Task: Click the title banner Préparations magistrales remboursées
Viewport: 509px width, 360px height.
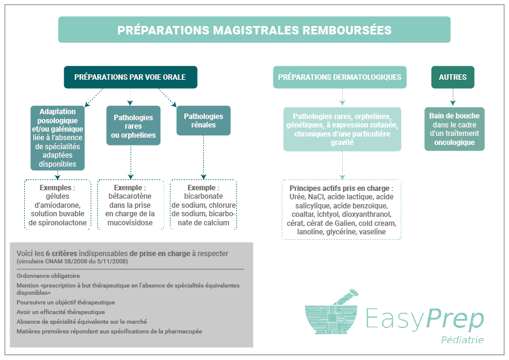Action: pyautogui.click(x=254, y=30)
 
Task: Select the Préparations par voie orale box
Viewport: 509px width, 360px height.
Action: pyautogui.click(x=131, y=77)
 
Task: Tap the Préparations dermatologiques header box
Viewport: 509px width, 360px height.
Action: pyautogui.click(x=340, y=77)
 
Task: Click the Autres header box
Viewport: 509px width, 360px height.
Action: pyautogui.click(x=453, y=77)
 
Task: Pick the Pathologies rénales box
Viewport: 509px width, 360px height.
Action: pyautogui.click(x=204, y=121)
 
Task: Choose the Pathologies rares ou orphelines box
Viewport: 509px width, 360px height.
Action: pyautogui.click(x=134, y=126)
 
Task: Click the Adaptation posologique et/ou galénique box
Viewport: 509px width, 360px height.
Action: pyautogui.click(x=57, y=138)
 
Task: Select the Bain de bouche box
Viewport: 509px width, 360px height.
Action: pyautogui.click(x=455, y=129)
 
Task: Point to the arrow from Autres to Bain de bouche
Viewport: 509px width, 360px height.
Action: pyautogui.click(x=453, y=97)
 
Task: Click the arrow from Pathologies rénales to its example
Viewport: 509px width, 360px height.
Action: pyautogui.click(x=204, y=157)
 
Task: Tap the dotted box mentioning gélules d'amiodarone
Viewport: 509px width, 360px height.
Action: pyautogui.click(x=57, y=205)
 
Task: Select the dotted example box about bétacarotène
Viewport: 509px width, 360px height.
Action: pyautogui.click(x=131, y=205)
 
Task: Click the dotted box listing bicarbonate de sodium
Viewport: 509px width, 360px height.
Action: pyautogui.click(x=204, y=205)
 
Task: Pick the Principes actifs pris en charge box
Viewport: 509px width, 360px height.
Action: pyautogui.click(x=342, y=210)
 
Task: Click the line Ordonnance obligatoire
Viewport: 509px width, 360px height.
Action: pyautogui.click(x=48, y=276)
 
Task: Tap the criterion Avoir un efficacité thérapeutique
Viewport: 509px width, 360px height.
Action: pyautogui.click(x=60, y=312)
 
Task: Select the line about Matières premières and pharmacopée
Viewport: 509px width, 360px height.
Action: pyautogui.click(x=109, y=332)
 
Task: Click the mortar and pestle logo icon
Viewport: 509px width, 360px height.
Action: pyautogui.click(x=331, y=312)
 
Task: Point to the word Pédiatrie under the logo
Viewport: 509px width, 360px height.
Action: pyautogui.click(x=462, y=339)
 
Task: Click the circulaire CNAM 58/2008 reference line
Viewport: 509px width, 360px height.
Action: pyautogui.click(x=72, y=262)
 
